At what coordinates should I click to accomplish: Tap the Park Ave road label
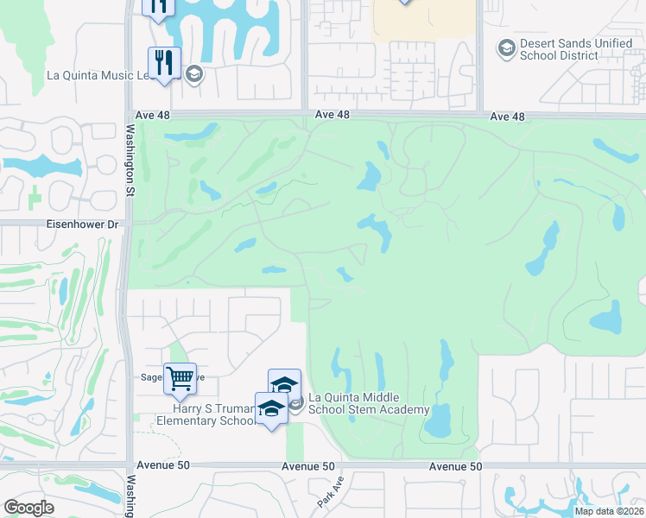[324, 493]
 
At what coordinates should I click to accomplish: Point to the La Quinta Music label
[98, 75]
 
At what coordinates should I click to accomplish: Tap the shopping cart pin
[180, 377]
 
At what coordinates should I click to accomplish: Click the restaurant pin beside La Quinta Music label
[161, 62]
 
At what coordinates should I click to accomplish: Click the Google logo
[28, 508]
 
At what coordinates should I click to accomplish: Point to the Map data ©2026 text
[610, 511]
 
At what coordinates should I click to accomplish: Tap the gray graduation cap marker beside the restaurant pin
[193, 74]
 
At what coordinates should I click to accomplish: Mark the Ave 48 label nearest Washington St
[155, 114]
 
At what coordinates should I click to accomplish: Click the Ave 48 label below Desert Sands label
[507, 116]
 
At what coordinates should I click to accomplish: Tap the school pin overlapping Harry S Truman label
[271, 409]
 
